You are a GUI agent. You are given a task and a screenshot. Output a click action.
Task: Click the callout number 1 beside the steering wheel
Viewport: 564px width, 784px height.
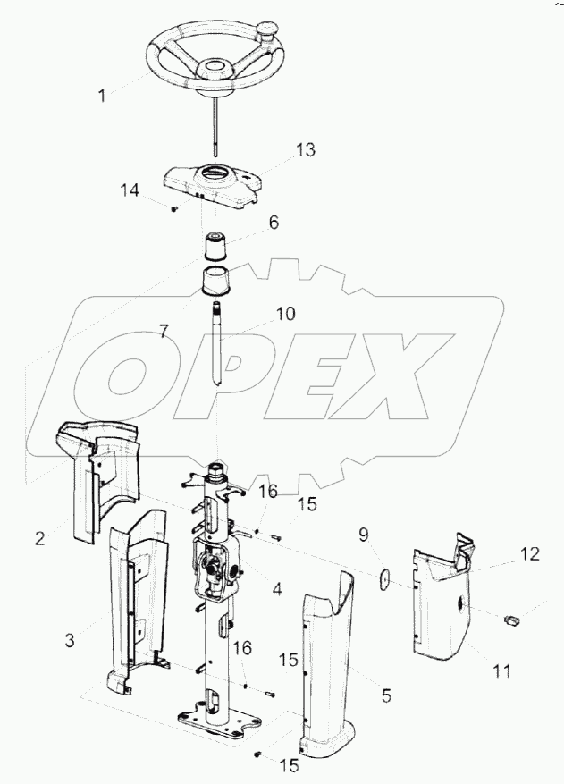tap(102, 95)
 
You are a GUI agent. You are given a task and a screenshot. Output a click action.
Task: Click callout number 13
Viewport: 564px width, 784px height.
tap(305, 149)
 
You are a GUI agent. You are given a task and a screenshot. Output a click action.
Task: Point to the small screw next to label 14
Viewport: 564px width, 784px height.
tap(174, 209)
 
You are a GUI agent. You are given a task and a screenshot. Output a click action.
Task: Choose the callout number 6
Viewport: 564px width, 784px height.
tap(274, 222)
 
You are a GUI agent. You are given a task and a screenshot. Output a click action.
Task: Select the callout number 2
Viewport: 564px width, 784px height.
tap(40, 538)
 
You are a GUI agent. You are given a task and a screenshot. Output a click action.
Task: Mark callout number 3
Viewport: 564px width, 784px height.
tap(70, 640)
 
